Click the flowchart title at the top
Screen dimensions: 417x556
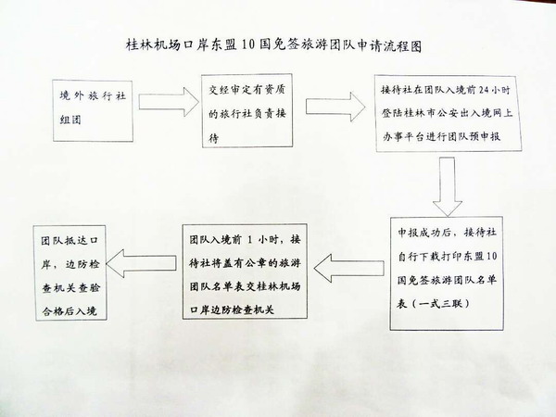click(x=278, y=44)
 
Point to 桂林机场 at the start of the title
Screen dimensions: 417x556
click(x=150, y=44)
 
